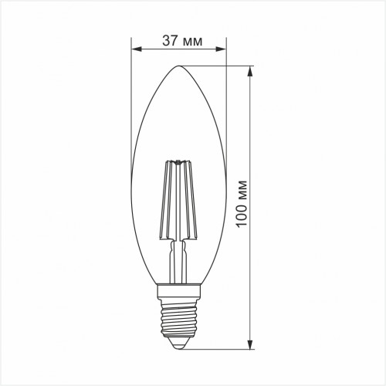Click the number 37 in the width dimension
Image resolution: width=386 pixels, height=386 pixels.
[170, 41]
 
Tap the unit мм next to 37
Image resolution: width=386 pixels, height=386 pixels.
[193, 42]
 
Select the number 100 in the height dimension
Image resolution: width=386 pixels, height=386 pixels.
[242, 213]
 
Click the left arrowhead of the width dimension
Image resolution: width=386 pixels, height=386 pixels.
[137, 49]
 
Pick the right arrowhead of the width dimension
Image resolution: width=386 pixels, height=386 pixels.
[221, 49]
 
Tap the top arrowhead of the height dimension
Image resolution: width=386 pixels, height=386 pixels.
[249, 71]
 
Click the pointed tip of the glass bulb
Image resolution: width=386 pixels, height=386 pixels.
[179, 66]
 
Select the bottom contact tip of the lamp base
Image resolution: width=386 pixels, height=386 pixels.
[179, 349]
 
